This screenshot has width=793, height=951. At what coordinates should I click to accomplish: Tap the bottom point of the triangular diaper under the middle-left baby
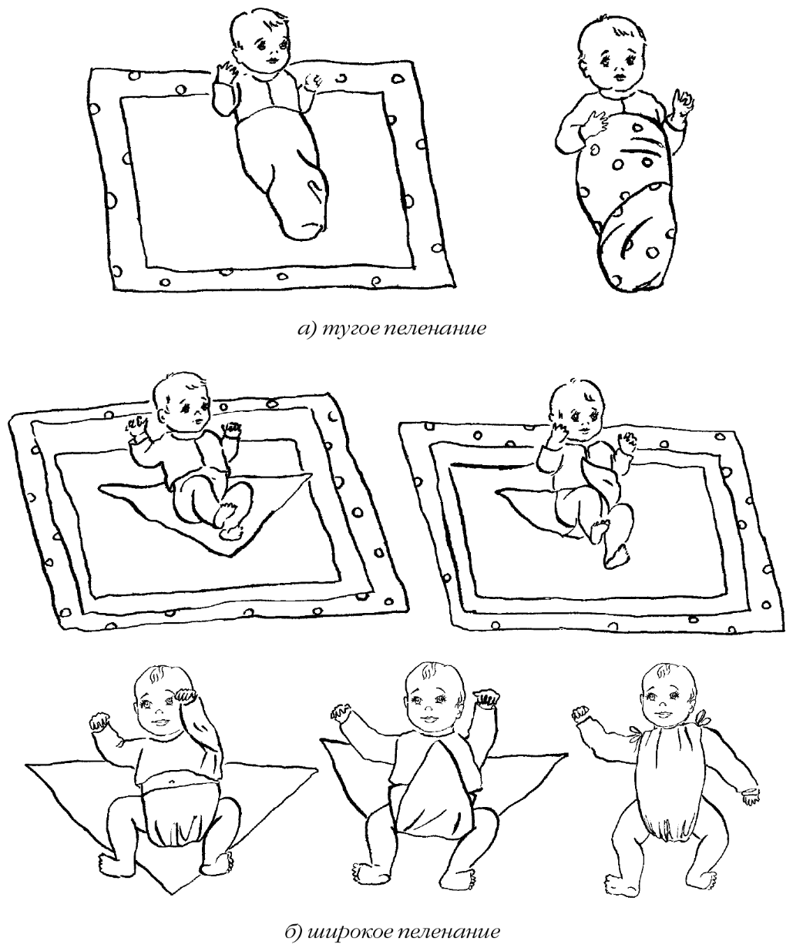coord(234,556)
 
